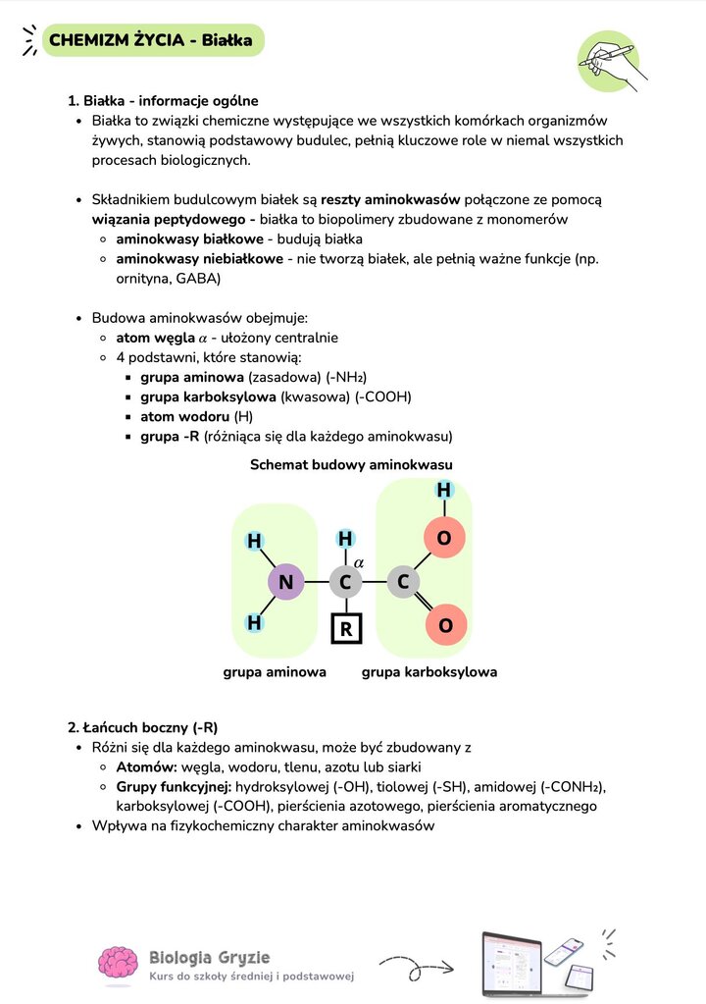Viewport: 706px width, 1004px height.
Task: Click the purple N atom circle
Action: (285, 583)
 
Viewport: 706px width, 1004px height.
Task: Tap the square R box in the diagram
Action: (345, 627)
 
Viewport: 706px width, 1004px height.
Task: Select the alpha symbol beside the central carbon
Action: (359, 562)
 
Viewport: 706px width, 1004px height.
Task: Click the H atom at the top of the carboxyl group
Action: (444, 490)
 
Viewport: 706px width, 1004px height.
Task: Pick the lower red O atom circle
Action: (445, 625)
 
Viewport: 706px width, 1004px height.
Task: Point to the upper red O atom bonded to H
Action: (444, 538)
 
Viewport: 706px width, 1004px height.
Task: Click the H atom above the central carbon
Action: (345, 539)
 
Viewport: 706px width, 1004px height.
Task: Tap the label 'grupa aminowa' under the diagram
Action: (275, 672)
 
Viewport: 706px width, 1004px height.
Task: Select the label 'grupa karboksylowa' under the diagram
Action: (429, 672)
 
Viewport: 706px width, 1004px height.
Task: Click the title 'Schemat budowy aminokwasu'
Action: (351, 464)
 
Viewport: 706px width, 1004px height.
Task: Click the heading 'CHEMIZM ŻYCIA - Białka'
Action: (151, 40)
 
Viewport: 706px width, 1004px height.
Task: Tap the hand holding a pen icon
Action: (610, 61)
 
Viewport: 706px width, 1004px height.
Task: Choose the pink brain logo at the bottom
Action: (118, 965)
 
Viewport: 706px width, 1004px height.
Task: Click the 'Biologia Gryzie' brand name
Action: (209, 957)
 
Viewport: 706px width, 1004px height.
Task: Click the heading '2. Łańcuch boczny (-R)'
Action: (143, 727)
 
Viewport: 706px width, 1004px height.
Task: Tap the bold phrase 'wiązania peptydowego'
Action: (167, 219)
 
